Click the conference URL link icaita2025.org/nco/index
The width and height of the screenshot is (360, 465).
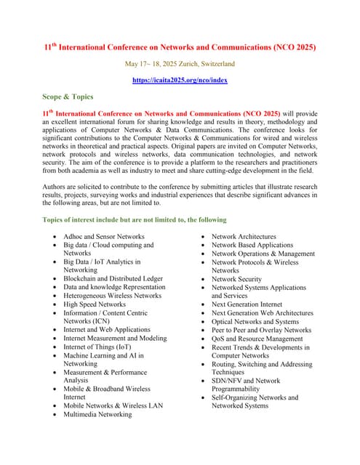coord(180,80)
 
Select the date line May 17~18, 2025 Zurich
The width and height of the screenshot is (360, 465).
coord(180,64)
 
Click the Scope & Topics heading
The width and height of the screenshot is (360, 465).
coord(67,96)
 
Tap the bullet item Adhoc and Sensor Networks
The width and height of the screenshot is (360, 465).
coord(103,237)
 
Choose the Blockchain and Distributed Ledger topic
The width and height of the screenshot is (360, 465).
coord(113,278)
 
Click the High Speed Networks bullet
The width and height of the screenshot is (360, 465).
coord(94,304)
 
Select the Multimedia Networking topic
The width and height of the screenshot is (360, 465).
coord(97,414)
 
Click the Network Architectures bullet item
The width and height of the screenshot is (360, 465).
coord(244,237)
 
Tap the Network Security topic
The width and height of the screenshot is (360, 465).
coord(236,279)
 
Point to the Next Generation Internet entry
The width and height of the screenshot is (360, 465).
coord(247,304)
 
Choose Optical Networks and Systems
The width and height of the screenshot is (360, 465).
coord(255,321)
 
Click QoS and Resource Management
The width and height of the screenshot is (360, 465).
coord(257,339)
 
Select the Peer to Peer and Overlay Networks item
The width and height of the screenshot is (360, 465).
coord(261,330)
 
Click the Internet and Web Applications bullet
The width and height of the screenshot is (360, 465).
coord(107,330)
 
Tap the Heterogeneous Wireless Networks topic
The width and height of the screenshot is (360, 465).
coord(112,296)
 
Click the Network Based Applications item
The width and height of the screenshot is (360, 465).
coord(252,246)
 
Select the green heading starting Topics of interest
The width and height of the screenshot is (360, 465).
coord(135,219)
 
